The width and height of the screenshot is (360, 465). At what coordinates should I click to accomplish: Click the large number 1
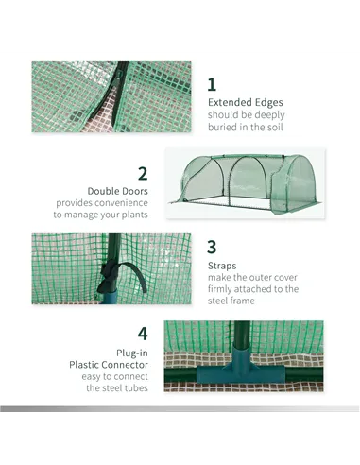213,83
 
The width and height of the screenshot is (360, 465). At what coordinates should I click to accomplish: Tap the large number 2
143,173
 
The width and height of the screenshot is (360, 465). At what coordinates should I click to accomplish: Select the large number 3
213,248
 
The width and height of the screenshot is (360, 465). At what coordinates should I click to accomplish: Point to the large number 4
143,334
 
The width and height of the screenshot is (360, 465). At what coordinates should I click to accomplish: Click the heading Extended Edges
245,102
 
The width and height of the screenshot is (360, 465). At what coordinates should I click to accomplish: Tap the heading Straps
222,267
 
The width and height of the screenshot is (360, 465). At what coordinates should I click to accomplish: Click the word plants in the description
132,215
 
